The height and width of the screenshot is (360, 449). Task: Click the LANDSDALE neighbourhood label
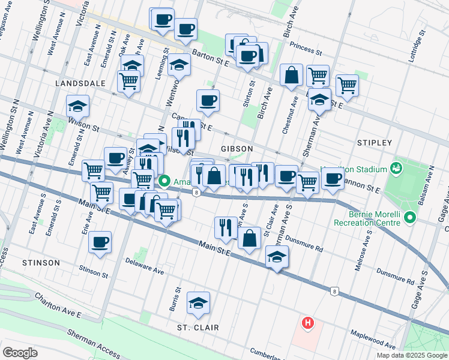pos(80,83)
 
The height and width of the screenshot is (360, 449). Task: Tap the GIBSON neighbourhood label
pos(237,148)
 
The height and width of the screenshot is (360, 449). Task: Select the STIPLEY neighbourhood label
pos(375,143)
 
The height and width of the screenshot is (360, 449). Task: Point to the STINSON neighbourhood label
pos(41,263)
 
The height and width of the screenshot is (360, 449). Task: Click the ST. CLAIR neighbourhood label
pos(197,328)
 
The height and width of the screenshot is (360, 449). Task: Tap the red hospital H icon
pos(308,323)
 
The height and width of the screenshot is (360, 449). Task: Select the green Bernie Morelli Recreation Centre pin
pos(410,217)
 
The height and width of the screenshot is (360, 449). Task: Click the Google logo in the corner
pos(20,353)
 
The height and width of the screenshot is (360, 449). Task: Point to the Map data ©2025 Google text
pos(411,355)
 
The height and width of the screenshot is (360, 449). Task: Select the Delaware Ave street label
pos(145,266)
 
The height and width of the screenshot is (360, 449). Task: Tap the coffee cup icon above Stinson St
pos(100,243)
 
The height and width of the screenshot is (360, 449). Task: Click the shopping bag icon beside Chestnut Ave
pos(291,76)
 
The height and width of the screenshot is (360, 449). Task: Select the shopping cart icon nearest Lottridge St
pos(347,86)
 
